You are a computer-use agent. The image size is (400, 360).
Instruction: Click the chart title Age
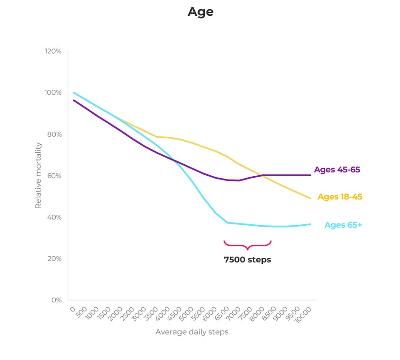click(200, 12)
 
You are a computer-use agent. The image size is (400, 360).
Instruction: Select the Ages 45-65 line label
click(337, 170)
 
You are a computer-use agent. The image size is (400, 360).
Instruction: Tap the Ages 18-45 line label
click(340, 197)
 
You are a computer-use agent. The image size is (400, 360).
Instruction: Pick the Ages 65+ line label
click(343, 225)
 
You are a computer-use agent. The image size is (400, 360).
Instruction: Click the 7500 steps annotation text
click(247, 260)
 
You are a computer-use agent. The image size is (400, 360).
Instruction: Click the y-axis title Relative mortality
click(39, 176)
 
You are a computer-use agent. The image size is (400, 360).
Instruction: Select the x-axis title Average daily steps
click(192, 332)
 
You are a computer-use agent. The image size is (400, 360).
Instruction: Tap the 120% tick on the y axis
click(53, 51)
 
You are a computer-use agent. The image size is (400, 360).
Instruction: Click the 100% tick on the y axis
click(53, 92)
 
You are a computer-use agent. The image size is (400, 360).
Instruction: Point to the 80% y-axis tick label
click(54, 134)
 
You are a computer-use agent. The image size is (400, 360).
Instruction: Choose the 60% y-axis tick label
click(54, 176)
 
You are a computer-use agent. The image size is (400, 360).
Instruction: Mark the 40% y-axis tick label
click(54, 217)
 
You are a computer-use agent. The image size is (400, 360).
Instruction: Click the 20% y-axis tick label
click(54, 259)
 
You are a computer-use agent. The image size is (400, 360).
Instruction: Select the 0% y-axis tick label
click(56, 300)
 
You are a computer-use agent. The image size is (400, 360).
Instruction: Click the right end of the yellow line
click(310, 198)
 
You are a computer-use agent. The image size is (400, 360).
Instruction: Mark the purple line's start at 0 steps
click(73, 100)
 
